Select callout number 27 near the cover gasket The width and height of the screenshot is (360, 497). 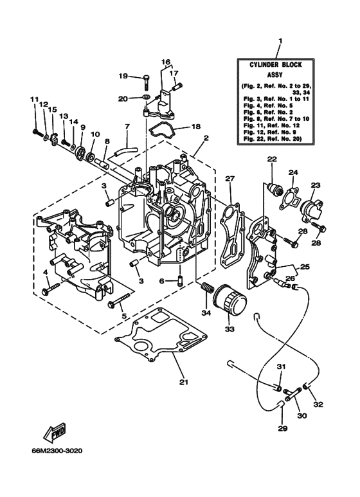coord(230,179)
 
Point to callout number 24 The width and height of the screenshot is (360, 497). coord(293,172)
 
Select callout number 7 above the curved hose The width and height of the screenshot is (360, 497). coord(127,126)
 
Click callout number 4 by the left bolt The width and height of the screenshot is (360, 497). coord(46,273)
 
